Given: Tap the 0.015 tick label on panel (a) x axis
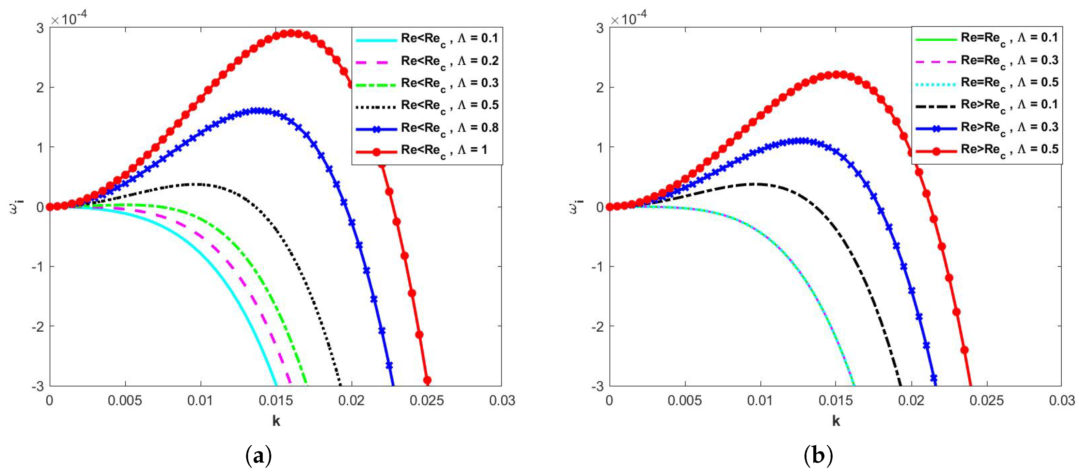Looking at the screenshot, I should (275, 401).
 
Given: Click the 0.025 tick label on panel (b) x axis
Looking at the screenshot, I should (986, 401).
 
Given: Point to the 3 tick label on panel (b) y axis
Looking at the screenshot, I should (600, 28).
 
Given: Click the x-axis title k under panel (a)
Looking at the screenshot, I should (276, 421).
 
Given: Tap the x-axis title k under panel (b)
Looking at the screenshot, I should (836, 421).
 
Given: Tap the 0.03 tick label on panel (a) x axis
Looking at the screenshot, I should (502, 401).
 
